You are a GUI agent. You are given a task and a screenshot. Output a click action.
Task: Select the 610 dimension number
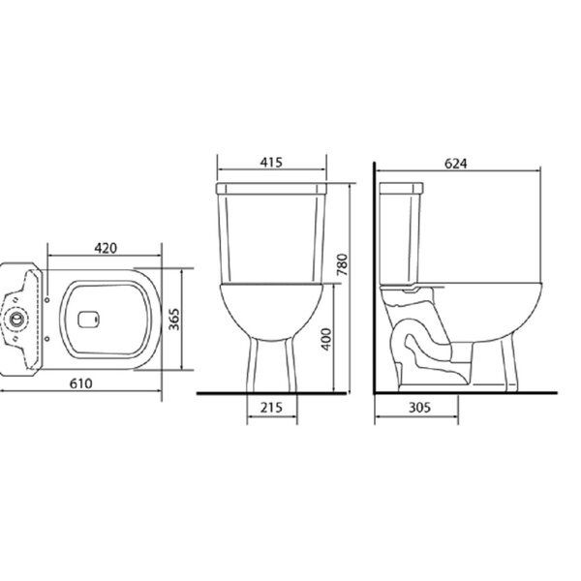[80, 382]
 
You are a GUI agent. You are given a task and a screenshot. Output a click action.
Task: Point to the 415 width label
[271, 163]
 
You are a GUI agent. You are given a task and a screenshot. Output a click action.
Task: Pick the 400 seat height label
[327, 340]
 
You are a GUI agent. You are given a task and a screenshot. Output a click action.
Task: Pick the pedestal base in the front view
[271, 363]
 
